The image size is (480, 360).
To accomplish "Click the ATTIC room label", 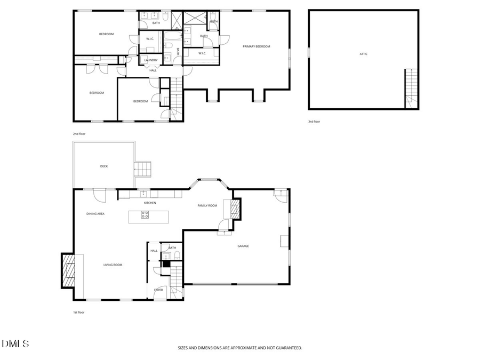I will (363, 54).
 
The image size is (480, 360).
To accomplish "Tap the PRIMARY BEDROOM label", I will (257, 46).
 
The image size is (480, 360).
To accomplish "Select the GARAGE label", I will (243, 246).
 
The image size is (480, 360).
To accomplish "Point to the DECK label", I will (104, 166).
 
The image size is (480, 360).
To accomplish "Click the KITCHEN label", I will (150, 203).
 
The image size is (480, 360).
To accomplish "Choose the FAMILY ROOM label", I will (207, 205).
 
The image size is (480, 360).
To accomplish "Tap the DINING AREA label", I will (95, 213).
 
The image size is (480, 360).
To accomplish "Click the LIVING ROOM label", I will (113, 265).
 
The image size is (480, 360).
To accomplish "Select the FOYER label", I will (158, 290).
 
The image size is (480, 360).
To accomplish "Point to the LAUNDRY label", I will (151, 60).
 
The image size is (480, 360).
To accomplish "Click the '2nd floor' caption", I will (79, 133).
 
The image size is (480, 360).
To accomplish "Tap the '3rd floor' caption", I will (314, 122).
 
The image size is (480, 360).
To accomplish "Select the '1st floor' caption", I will (78, 312).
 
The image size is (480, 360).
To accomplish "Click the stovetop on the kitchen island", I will (145, 215).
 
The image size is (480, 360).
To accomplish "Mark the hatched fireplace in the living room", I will (68, 270).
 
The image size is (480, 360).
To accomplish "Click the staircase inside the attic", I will (411, 88).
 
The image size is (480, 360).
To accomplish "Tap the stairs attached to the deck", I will (143, 170).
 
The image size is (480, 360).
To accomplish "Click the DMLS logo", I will (15, 344).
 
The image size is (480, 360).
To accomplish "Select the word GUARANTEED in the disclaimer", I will (287, 348).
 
